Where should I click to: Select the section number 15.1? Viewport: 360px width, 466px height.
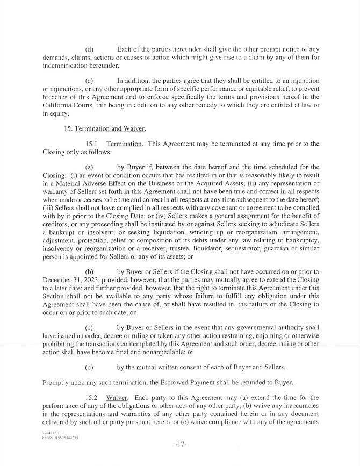[x=92, y=144]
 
